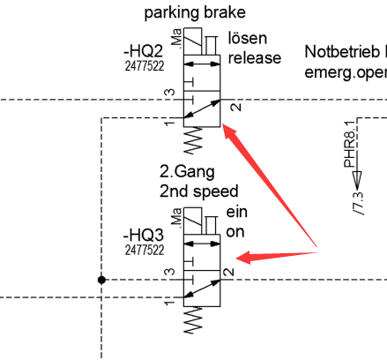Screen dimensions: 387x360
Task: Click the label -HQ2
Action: (143, 51)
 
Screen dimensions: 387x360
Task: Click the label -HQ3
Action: (143, 235)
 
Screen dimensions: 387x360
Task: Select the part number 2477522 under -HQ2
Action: (145, 66)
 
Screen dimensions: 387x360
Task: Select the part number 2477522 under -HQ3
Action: (145, 251)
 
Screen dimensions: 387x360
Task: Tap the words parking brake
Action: (195, 13)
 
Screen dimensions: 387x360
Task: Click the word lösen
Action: (248, 38)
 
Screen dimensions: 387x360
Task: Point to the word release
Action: (255, 57)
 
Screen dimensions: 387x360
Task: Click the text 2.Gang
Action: (187, 172)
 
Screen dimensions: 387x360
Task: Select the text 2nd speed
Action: (198, 191)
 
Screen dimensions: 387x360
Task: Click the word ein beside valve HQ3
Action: (236, 212)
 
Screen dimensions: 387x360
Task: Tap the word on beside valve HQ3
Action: (235, 232)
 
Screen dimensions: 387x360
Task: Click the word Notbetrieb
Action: (342, 52)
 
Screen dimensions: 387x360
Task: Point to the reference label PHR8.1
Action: (351, 144)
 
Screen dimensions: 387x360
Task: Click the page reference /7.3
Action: (359, 203)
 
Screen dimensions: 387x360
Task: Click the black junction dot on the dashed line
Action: (101, 280)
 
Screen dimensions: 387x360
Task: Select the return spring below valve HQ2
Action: (193, 140)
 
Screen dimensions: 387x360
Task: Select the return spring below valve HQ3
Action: (193, 320)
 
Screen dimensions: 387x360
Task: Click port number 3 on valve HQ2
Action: (169, 93)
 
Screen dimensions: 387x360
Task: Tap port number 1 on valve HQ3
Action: (169, 302)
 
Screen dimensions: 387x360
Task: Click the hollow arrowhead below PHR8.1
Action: (356, 180)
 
